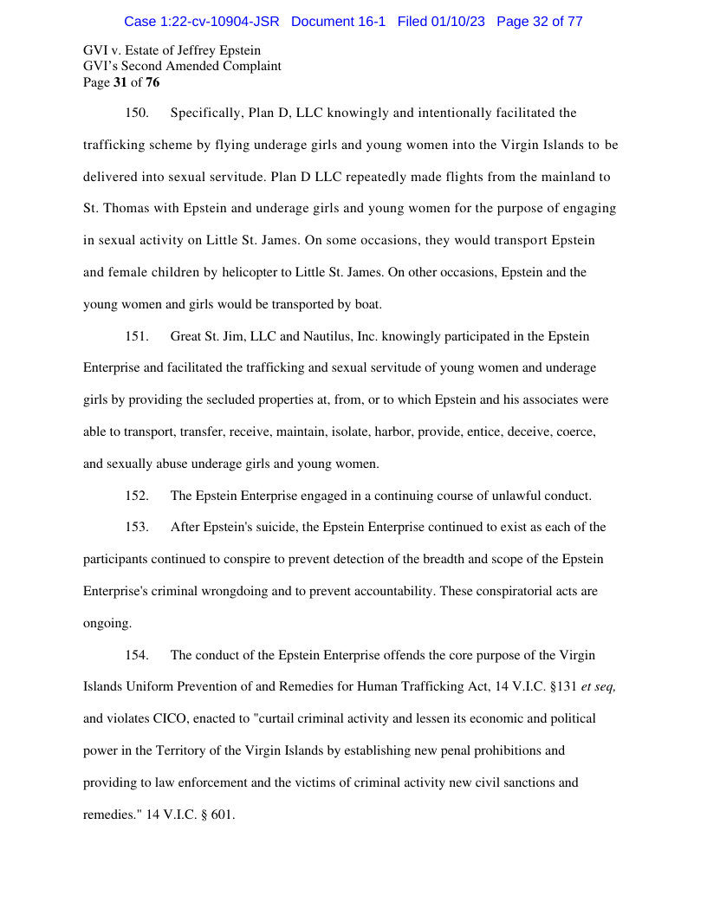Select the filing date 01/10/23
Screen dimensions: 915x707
(x=456, y=21)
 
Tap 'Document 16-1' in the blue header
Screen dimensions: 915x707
(x=339, y=21)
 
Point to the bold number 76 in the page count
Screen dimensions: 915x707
(x=152, y=82)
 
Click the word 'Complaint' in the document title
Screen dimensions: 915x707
(x=251, y=66)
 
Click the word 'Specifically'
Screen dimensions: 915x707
(x=204, y=113)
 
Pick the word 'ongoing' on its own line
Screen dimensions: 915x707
(x=107, y=623)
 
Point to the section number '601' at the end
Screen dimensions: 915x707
(x=223, y=814)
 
